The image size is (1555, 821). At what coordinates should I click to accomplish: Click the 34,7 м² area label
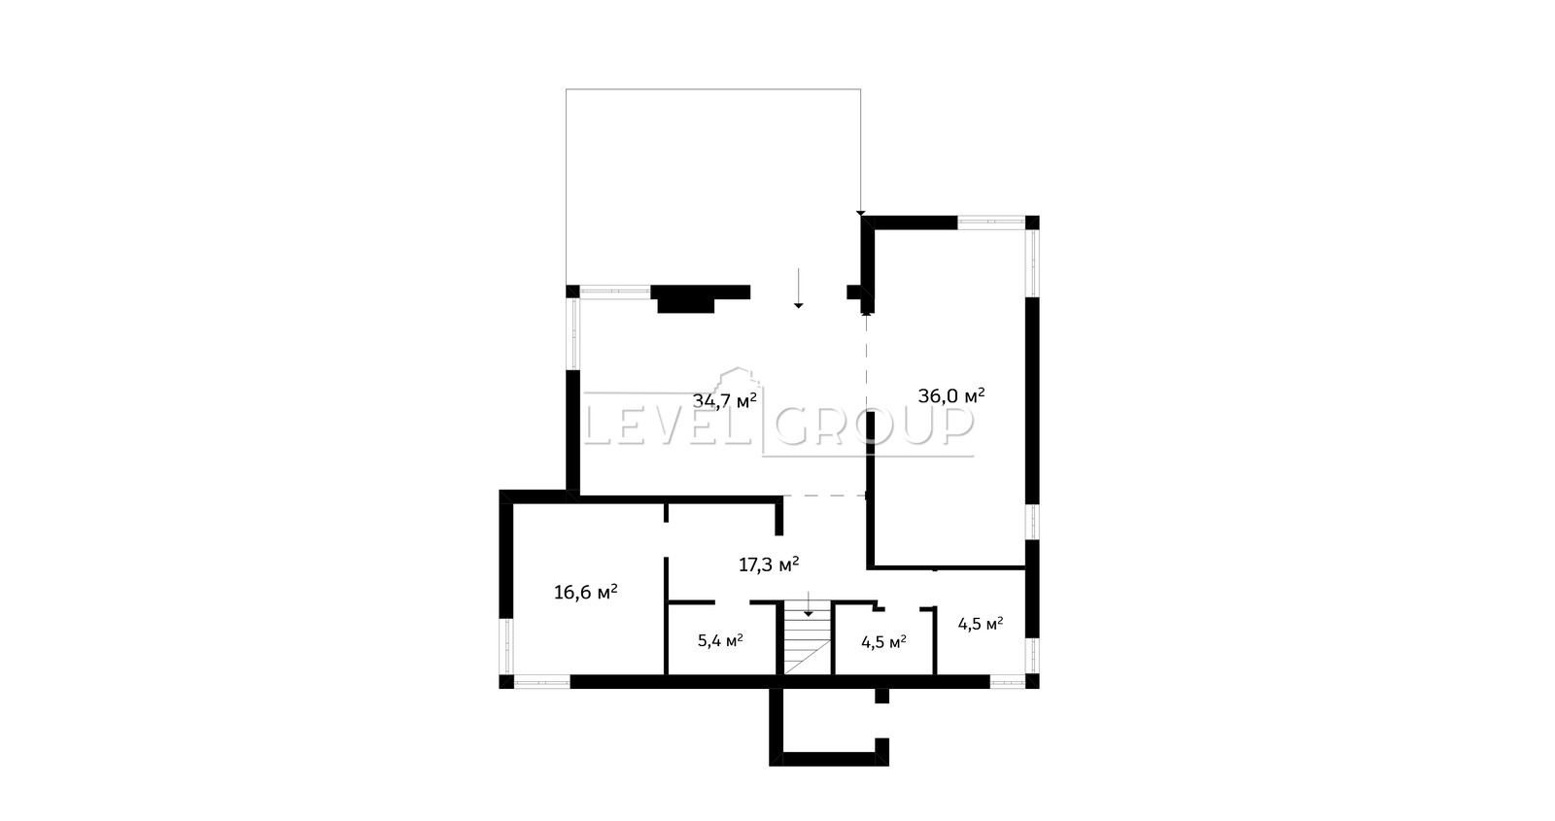pyautogui.click(x=724, y=400)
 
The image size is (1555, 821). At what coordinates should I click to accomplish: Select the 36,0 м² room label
pyautogui.click(x=951, y=395)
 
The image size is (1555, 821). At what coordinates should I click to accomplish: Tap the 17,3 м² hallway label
pyautogui.click(x=769, y=564)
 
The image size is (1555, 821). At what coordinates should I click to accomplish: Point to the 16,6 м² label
pyautogui.click(x=586, y=592)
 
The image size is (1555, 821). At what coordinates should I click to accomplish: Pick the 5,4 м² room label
pyautogui.click(x=720, y=640)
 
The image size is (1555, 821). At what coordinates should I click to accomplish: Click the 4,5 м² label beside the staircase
pyautogui.click(x=883, y=642)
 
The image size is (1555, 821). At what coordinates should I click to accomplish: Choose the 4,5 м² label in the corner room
pyautogui.click(x=981, y=624)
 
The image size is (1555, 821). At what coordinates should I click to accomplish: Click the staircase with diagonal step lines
pyautogui.click(x=808, y=638)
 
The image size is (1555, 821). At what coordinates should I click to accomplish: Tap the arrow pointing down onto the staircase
pyautogui.click(x=808, y=603)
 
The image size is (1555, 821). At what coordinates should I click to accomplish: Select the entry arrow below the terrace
pyautogui.click(x=798, y=288)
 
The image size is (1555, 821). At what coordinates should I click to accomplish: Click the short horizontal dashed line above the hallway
pyautogui.click(x=824, y=496)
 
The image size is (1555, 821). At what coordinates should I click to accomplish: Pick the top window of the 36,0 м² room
pyautogui.click(x=991, y=222)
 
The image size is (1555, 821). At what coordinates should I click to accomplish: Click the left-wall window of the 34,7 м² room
pyautogui.click(x=574, y=334)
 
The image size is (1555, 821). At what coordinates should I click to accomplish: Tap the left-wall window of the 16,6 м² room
pyautogui.click(x=506, y=646)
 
